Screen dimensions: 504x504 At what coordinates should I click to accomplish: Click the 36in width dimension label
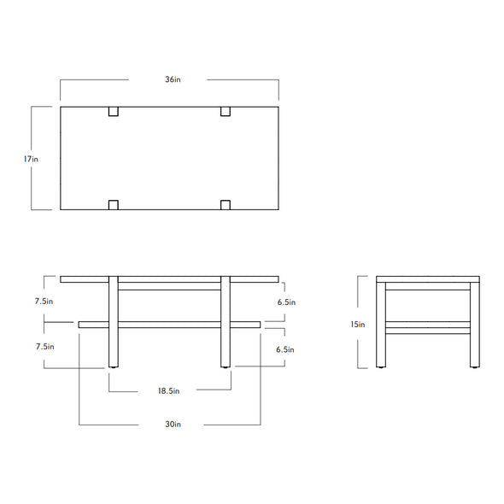173,79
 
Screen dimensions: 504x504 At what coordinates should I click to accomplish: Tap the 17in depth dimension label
31,159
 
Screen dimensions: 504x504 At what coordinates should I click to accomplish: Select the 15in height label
358,325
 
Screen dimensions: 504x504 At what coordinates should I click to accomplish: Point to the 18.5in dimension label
168,391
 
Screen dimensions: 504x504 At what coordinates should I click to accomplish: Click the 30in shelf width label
173,424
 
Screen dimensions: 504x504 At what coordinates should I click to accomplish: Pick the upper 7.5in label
44,302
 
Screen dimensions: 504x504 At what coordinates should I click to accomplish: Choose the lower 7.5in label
45,347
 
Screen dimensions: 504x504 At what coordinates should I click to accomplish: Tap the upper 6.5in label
286,302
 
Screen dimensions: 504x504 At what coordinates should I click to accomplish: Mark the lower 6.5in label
285,349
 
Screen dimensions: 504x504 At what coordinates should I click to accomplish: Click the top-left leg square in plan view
114,111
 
